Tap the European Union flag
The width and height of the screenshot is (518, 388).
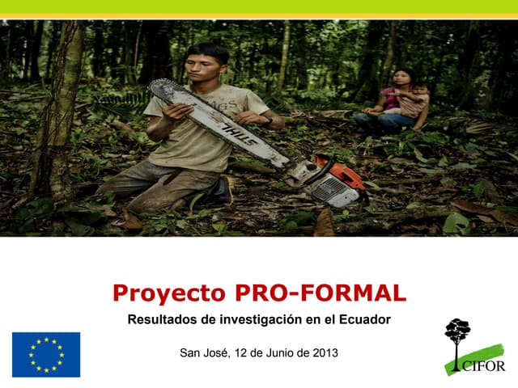click(x=46, y=354)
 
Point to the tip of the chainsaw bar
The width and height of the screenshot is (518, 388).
click(x=156, y=89)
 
